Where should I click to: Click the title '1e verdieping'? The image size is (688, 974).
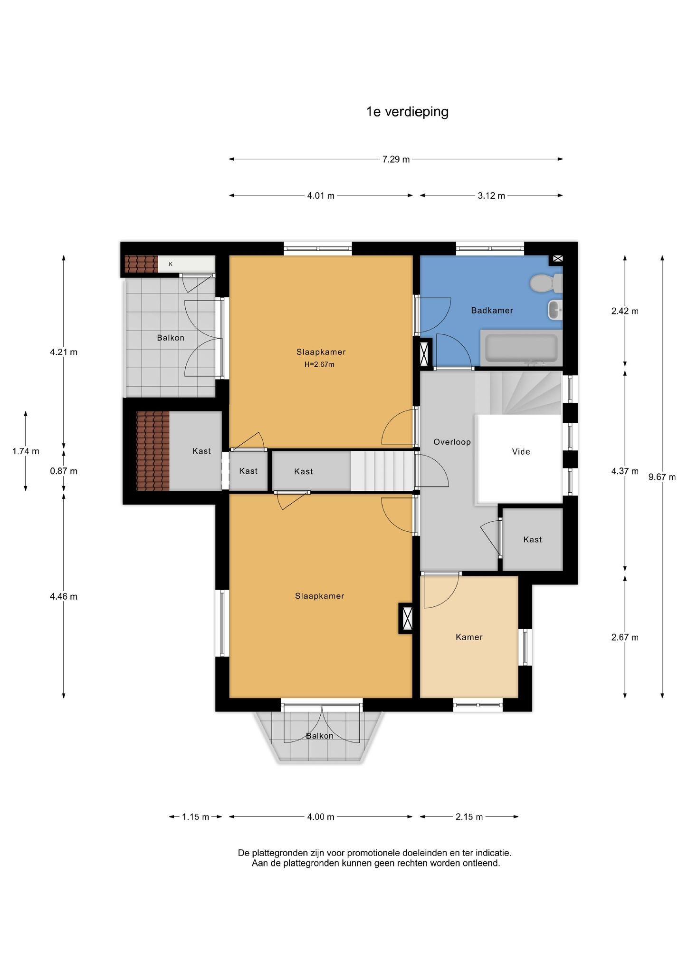(x=407, y=112)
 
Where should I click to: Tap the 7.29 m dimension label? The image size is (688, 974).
(x=396, y=159)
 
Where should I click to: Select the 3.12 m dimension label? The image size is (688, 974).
(x=491, y=195)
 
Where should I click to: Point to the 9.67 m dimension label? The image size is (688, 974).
(x=662, y=477)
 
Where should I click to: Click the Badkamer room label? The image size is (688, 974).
(x=492, y=311)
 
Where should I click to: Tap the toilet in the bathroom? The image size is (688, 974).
(x=546, y=283)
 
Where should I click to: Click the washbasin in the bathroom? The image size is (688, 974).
(x=555, y=310)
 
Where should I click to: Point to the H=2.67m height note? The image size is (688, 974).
(x=319, y=365)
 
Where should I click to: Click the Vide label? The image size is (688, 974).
(x=521, y=451)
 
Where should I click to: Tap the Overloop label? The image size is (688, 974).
(x=452, y=442)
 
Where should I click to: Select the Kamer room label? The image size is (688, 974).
(x=469, y=637)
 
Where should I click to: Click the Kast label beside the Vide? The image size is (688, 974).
(x=532, y=539)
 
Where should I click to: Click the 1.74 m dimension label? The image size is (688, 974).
(x=26, y=451)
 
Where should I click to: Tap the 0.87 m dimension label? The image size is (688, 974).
(x=63, y=471)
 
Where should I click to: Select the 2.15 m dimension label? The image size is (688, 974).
(x=469, y=817)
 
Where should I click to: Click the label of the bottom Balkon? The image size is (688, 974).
(x=319, y=736)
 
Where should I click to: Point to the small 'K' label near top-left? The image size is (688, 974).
(x=171, y=264)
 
